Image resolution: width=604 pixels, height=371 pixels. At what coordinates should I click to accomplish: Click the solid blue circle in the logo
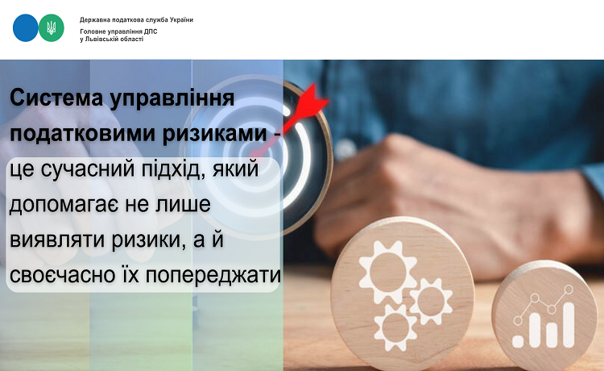[26, 27]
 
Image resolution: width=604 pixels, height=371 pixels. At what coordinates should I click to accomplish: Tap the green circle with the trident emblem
[52, 27]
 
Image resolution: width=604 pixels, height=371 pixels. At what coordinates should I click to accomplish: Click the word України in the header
[181, 19]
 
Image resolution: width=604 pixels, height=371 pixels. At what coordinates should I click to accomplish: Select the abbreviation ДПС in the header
[151, 31]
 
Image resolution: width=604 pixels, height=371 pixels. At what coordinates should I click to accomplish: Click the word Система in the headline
[56, 98]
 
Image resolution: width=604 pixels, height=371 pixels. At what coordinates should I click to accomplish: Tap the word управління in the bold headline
[172, 99]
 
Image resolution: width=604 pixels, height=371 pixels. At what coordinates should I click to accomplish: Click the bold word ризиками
[214, 133]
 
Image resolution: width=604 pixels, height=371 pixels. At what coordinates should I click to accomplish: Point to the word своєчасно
[63, 275]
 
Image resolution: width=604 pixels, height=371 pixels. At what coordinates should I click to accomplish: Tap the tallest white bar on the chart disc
[569, 324]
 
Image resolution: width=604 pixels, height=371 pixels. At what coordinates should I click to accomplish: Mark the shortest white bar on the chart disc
[518, 342]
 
